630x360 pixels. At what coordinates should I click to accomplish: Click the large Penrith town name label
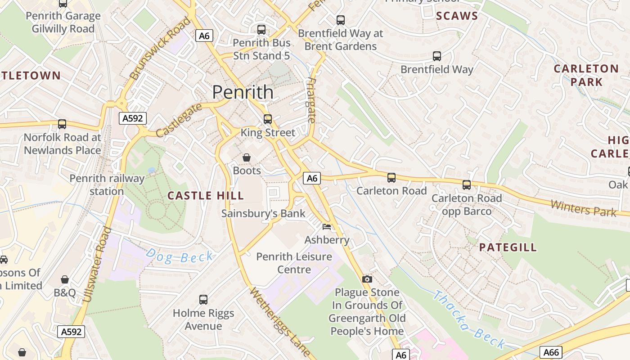click(243, 92)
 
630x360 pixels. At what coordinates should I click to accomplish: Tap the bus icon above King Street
click(268, 119)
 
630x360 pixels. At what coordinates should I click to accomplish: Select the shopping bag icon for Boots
click(247, 157)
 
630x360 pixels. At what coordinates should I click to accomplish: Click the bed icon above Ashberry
click(327, 226)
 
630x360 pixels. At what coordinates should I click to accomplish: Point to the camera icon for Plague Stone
click(367, 279)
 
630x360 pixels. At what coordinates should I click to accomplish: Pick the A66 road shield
click(551, 352)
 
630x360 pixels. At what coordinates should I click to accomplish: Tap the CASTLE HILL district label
click(206, 195)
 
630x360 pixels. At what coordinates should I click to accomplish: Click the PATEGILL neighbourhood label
click(508, 247)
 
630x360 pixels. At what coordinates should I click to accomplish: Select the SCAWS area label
click(457, 16)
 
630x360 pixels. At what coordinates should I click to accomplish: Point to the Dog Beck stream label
click(180, 256)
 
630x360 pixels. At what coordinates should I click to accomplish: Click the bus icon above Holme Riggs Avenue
click(203, 299)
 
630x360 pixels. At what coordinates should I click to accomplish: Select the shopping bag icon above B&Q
click(65, 279)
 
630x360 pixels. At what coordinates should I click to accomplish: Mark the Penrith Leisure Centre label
click(294, 263)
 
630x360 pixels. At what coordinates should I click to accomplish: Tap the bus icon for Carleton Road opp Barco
click(467, 184)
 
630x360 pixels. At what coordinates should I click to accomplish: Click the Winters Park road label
click(583, 208)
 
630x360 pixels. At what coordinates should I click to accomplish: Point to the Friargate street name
click(311, 101)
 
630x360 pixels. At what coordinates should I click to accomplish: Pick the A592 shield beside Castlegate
click(133, 118)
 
